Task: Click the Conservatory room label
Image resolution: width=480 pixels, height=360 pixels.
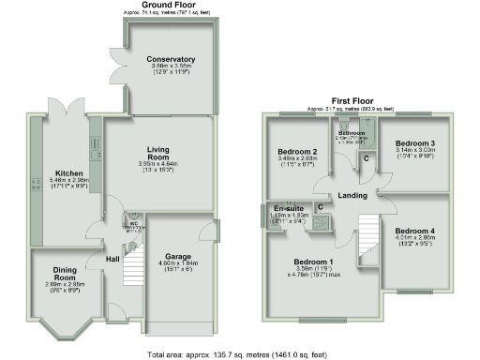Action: click(171, 59)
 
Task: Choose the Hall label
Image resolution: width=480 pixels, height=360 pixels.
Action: click(112, 259)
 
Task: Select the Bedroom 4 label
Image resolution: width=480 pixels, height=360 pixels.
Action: click(413, 231)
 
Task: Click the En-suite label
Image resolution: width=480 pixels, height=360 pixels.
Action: click(286, 208)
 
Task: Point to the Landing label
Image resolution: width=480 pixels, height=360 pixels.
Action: click(352, 195)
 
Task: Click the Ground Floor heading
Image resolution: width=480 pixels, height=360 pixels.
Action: click(169, 5)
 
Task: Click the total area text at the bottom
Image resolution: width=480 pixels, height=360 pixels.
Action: click(239, 355)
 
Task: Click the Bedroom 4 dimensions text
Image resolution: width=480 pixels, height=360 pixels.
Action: click(413, 238)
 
